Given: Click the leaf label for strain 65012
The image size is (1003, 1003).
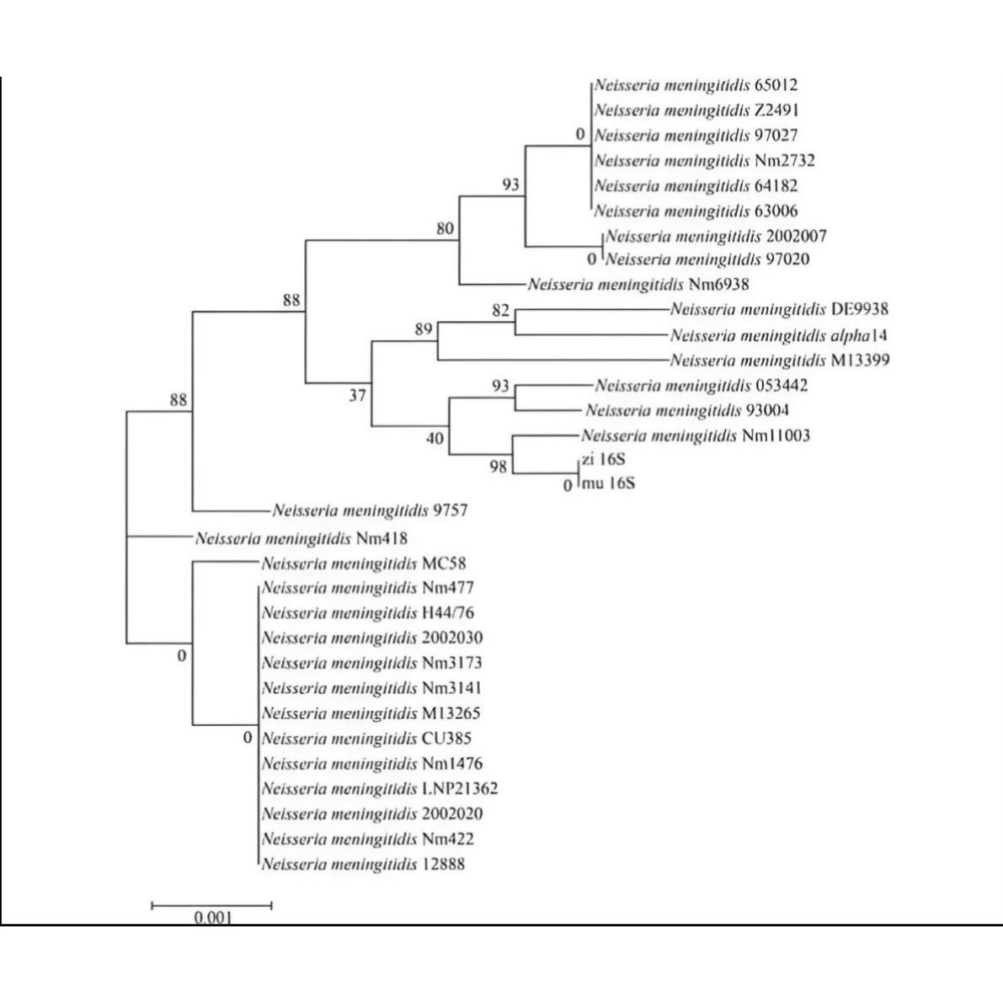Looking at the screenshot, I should [696, 85].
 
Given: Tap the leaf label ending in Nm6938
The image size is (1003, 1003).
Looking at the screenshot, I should [638, 285].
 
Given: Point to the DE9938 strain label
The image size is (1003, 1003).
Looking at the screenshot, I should [779, 310].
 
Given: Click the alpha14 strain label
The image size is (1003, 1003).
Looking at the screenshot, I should [778, 335].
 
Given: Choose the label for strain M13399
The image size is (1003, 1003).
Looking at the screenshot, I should [780, 360].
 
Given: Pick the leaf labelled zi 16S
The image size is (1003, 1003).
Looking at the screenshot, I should [603, 460].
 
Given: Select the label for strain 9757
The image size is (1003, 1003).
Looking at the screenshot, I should [370, 510].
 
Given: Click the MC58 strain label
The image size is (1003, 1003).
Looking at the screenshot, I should [364, 563].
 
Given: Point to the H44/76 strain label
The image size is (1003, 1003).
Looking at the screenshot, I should [367, 612].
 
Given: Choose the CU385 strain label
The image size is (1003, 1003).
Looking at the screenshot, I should [366, 739].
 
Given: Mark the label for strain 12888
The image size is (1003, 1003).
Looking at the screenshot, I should [363, 864].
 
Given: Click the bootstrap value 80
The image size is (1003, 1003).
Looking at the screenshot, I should [445, 228].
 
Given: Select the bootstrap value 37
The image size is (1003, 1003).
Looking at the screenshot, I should [358, 395].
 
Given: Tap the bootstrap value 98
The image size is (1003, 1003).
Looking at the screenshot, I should [499, 466].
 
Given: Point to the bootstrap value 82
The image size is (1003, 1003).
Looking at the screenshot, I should [501, 311].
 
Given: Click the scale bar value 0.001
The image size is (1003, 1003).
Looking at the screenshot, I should [211, 917].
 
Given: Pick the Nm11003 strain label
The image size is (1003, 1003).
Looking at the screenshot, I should [696, 435].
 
